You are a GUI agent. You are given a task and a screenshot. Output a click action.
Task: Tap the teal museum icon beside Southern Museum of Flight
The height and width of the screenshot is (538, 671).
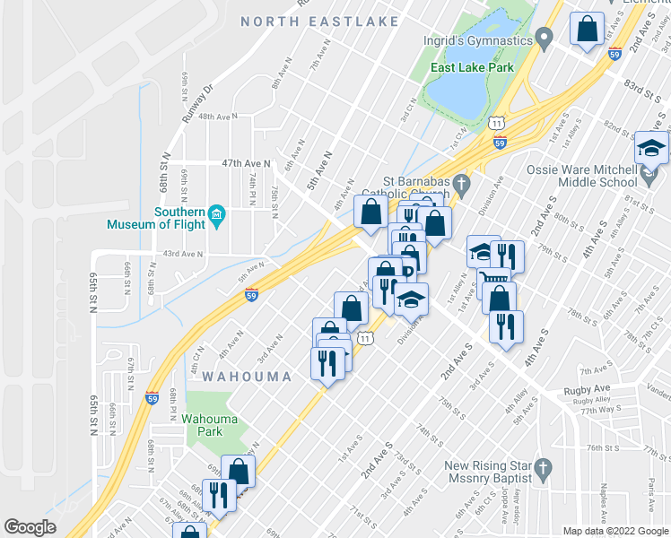tap(216, 214)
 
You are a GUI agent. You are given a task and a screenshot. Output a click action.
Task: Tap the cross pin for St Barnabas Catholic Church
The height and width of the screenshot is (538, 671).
tap(462, 185)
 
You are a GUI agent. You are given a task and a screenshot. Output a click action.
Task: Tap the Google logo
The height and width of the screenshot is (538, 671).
tap(30, 527)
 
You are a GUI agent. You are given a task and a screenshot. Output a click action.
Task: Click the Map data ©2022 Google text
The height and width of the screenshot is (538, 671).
tap(616, 531)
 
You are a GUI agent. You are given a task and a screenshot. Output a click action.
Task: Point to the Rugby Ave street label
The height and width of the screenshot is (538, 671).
tap(587, 390)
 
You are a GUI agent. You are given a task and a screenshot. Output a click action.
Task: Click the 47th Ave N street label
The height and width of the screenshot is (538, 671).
tap(246, 164)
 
